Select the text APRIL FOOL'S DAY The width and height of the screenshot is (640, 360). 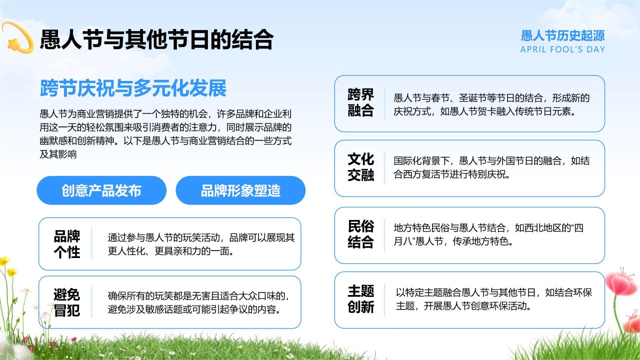click(562, 49)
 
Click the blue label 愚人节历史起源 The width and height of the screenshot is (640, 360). click(562, 35)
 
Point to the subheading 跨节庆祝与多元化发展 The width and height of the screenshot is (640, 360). click(133, 88)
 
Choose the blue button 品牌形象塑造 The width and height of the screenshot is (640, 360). click(240, 190)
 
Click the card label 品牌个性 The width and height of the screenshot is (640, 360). click(66, 244)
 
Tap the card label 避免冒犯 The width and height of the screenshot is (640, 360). click(66, 302)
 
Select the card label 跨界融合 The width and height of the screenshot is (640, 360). click(360, 103)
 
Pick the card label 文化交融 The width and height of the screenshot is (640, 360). click(360, 167)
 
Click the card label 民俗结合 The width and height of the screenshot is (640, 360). click(360, 234)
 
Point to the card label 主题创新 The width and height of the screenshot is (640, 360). click(360, 299)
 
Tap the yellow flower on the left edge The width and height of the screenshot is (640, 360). click(4, 261)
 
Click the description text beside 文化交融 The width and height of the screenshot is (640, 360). click(491, 168)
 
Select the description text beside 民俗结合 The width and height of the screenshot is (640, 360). click(488, 235)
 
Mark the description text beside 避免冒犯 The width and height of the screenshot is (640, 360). click(198, 302)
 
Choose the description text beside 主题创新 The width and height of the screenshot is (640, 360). click(493, 299)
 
